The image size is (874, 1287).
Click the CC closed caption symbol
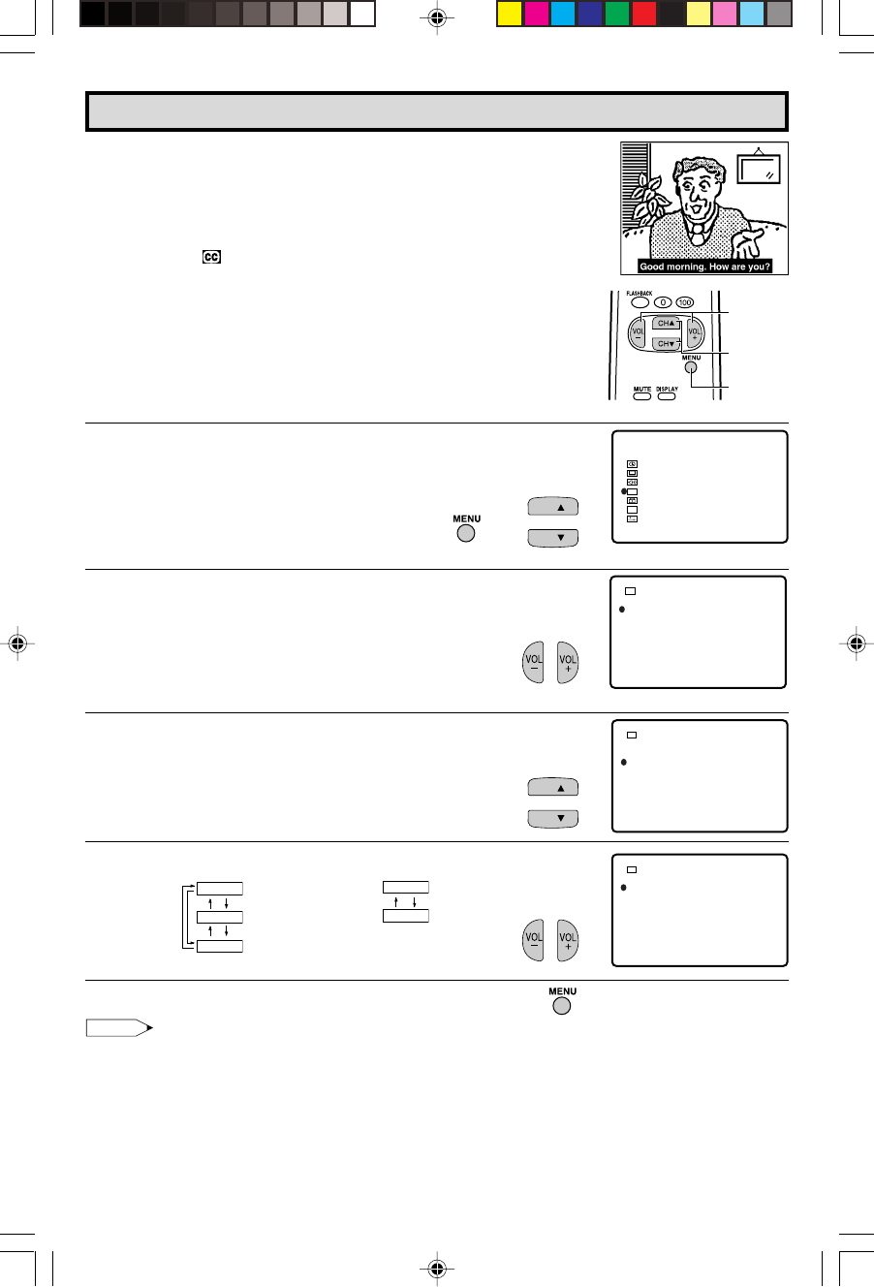point(211,257)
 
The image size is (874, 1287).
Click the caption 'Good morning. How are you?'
point(704,267)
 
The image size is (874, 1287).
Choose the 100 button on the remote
point(685,302)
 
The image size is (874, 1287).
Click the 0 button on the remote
point(663,302)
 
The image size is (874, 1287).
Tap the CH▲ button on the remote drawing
point(666,324)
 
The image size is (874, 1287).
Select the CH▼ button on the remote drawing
point(666,344)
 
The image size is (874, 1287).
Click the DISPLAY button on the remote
point(667,395)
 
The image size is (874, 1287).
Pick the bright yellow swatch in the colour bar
point(509,15)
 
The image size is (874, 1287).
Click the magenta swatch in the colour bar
point(536,15)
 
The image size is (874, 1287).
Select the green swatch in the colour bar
point(617,15)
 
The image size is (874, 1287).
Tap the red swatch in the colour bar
point(644,15)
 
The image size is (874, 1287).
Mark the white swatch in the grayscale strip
point(362,15)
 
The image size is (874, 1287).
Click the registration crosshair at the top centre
point(437,18)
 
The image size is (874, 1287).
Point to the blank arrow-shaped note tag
point(119,1028)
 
